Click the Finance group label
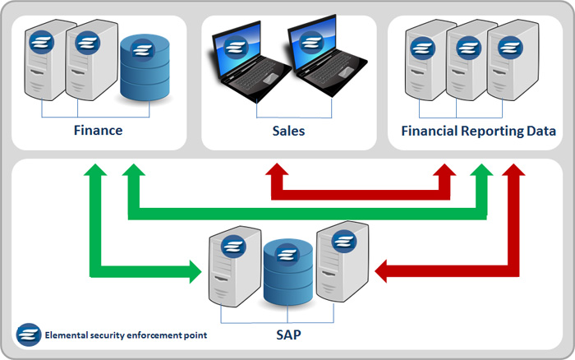[x=98, y=131]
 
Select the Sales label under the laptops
[x=288, y=131]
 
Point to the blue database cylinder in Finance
[x=145, y=67]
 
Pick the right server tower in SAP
[x=343, y=263]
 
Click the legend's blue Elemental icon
[x=29, y=335]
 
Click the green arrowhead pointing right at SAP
[x=195, y=270]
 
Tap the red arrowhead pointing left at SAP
[x=382, y=270]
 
